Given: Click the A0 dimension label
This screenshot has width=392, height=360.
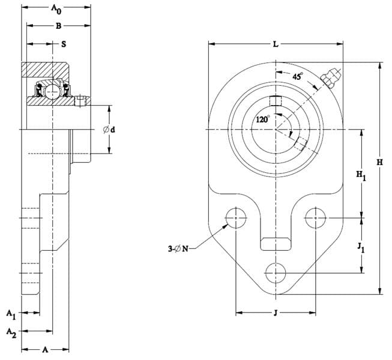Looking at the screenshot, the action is (56, 9).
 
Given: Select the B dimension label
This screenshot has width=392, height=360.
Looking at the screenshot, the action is (58, 26).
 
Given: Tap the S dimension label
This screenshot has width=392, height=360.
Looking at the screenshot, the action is (64, 44).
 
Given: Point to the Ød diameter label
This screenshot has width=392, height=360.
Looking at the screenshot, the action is (109, 130).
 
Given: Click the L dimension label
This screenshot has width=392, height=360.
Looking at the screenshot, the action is (276, 44).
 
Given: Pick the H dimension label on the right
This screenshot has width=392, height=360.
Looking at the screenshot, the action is (380, 163).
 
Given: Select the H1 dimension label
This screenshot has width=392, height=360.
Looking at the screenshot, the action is (361, 175).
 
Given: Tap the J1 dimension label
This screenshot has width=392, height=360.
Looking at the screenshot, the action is (361, 248).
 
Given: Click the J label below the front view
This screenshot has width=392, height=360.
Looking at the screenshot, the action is (276, 313).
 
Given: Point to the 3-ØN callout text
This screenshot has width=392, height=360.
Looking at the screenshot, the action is (178, 249).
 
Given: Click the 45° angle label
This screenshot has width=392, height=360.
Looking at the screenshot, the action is (298, 76).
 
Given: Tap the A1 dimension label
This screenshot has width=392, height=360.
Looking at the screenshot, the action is (11, 314).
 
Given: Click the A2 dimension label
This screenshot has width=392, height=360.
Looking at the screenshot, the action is (11, 333).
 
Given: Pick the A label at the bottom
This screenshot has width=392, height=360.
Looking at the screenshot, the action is (45, 350).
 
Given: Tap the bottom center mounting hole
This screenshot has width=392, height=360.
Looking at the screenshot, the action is (276, 273).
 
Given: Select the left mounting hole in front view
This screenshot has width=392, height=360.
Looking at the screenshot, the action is (236, 218).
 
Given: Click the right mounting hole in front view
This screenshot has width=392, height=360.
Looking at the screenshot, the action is (316, 218).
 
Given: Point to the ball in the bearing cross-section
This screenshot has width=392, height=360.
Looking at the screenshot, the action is (52, 92).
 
